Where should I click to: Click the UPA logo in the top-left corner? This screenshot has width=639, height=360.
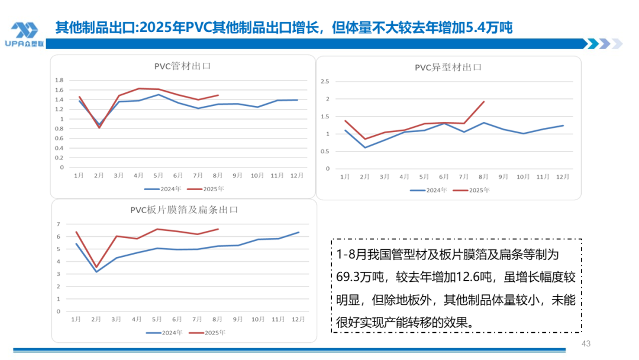click(x=24, y=34)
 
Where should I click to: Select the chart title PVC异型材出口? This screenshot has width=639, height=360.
click(x=448, y=67)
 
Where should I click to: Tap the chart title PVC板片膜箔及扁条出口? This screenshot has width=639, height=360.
click(x=184, y=210)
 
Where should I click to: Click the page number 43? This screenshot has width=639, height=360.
click(x=586, y=343)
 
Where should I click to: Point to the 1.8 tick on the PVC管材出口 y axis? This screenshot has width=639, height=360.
click(x=59, y=80)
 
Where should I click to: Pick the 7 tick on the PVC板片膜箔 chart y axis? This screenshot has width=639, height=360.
click(x=59, y=224)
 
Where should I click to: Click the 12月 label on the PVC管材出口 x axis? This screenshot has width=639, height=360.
click(x=297, y=175)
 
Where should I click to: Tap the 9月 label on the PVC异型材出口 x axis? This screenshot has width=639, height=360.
click(x=502, y=176)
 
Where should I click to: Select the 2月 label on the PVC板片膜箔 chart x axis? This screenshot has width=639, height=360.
click(x=96, y=319)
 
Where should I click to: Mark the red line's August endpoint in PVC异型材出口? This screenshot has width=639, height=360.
click(x=484, y=102)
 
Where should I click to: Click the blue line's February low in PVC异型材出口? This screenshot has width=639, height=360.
click(x=365, y=147)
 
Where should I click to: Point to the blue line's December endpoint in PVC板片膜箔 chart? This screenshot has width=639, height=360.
click(x=299, y=232)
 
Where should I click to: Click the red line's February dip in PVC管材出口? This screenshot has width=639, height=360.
click(x=99, y=127)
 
